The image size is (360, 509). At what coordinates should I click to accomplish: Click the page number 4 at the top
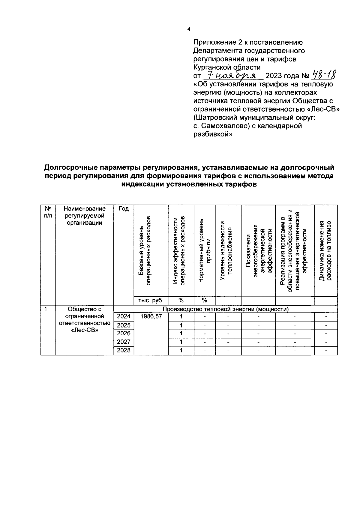coord(188,29)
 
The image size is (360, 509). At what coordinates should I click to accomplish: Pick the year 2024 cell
coord(124,316)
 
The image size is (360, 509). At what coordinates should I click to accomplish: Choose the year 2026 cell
coord(124,333)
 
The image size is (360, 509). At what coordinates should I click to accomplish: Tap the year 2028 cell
coord(124,350)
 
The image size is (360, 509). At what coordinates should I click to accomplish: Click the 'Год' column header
coord(124,209)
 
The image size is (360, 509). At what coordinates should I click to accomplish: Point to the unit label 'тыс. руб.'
coord(151,301)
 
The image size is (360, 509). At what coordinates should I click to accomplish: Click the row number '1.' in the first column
coord(46,309)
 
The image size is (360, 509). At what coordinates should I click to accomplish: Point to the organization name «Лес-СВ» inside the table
coord(85,331)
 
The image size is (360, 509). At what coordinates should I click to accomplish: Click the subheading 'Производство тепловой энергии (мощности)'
coord(225,309)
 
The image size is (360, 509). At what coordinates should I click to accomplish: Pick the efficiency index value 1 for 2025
coord(181,325)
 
